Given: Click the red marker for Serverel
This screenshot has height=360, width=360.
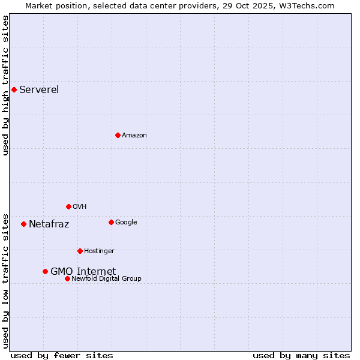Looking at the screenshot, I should (14, 90).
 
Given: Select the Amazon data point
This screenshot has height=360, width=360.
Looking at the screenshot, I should (118, 135).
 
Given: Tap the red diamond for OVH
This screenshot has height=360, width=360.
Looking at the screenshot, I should (68, 206).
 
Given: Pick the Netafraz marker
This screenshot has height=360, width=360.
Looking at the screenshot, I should (23, 224).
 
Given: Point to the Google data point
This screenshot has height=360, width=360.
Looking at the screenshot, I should (111, 222).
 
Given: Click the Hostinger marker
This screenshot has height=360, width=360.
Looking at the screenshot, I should (80, 251).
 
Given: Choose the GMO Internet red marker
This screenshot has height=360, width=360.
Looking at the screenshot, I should (45, 271).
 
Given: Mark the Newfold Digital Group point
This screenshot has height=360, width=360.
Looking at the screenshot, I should (67, 278).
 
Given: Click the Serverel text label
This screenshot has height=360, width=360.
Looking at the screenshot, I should (39, 90).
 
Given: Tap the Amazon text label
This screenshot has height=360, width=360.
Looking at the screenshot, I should (134, 135).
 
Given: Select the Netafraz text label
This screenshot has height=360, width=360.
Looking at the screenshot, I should (49, 224).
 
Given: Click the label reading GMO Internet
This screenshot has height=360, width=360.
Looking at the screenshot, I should (83, 271).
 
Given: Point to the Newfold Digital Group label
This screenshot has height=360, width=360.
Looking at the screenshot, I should (107, 278).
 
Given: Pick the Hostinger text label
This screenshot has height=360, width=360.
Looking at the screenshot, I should (99, 251).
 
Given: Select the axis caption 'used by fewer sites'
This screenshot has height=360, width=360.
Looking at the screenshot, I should (62, 355).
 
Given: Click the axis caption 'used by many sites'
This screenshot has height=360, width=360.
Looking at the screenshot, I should (301, 355).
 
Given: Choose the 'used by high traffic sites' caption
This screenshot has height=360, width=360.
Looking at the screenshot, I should (5, 85).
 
